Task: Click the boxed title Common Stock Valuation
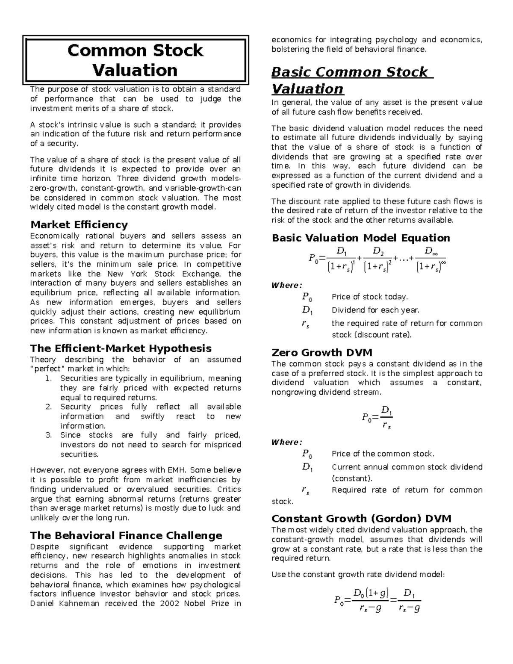(x=135, y=60)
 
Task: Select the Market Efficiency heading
(x=79, y=225)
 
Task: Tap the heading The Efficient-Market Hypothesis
(x=121, y=348)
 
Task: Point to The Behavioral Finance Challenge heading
(x=126, y=536)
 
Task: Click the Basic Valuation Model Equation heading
(x=361, y=238)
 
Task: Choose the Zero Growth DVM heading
(x=322, y=353)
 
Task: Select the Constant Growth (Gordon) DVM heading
(x=361, y=519)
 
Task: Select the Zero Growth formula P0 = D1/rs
(x=377, y=417)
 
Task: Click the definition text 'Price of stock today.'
(x=370, y=297)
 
